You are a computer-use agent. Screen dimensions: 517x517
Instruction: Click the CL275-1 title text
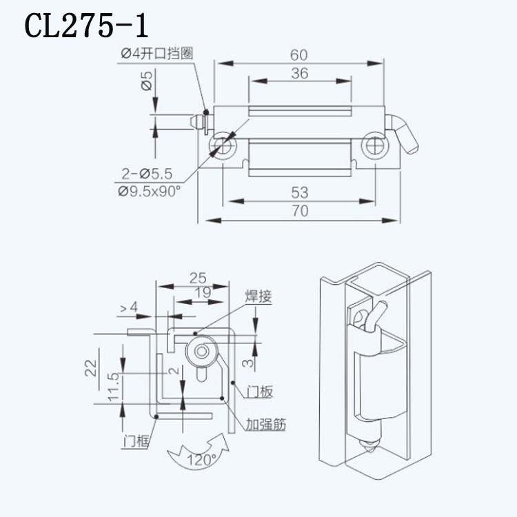pos(86,26)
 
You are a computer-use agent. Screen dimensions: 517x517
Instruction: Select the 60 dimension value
pos(298,55)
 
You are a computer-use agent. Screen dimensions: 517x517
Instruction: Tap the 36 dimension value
pos(300,74)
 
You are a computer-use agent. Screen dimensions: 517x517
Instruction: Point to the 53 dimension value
pos(300,192)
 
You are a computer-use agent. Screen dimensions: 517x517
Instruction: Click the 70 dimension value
pos(300,211)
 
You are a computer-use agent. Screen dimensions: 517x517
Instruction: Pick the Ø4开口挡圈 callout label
pos(157,53)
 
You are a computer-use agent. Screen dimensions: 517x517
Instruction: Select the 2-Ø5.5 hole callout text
pos(147,174)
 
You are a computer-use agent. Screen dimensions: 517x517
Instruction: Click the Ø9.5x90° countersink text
pos(150,191)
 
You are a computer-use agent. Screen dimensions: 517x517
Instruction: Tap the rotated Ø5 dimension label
pos(147,81)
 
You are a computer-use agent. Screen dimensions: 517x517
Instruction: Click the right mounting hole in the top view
pos(376,145)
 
